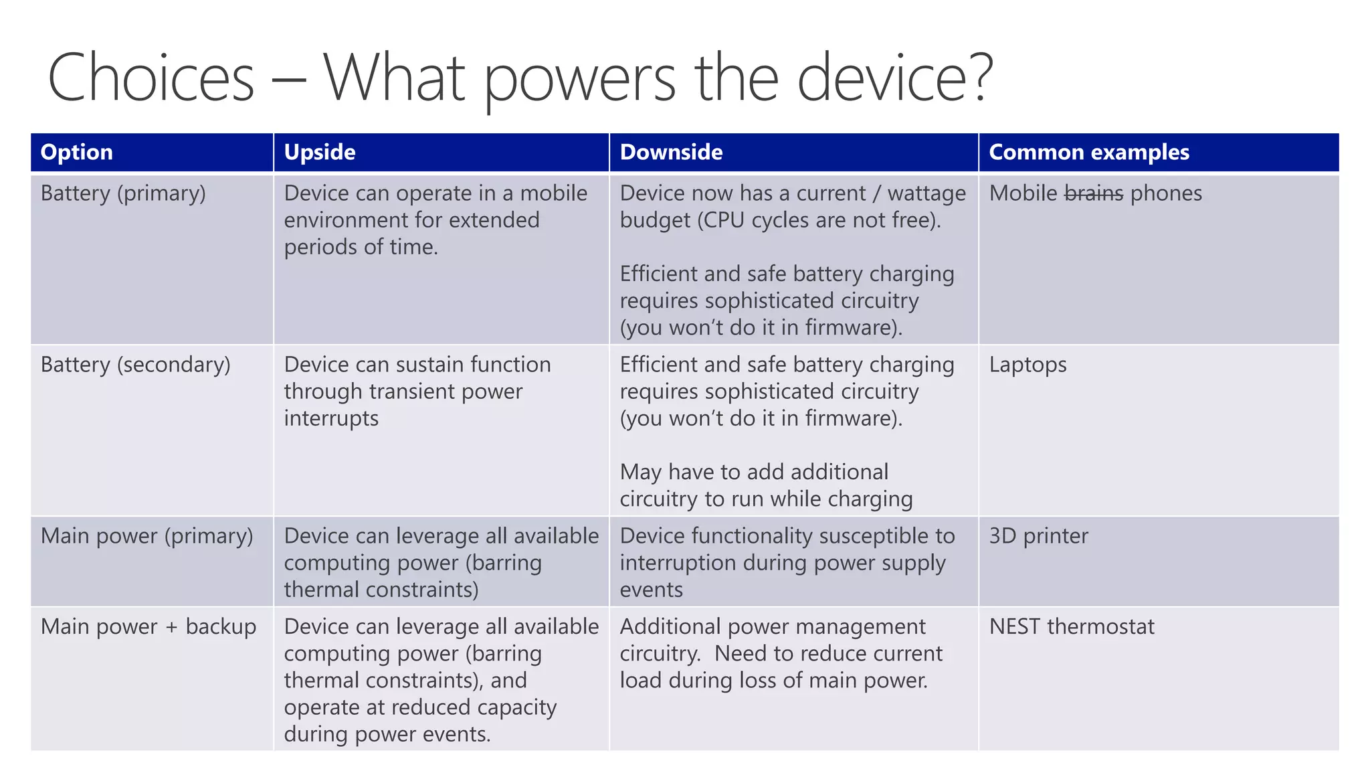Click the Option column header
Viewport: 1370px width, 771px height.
pos(77,153)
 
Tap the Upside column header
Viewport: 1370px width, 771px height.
pos(320,153)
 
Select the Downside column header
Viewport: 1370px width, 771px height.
pos(671,153)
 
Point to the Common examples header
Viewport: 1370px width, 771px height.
pos(1089,153)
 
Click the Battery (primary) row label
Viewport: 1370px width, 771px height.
pos(123,193)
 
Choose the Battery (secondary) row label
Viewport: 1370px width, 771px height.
pos(135,365)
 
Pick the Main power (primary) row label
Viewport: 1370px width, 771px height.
pos(146,536)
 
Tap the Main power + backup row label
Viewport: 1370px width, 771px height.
pos(148,627)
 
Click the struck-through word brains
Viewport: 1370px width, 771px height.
pos(1093,193)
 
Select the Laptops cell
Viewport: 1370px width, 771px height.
pos(1027,365)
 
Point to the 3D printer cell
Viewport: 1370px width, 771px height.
pos(1038,536)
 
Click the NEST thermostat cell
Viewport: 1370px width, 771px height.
pos(1072,627)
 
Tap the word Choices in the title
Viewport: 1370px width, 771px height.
pos(151,78)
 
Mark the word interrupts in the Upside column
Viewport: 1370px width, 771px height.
pos(331,419)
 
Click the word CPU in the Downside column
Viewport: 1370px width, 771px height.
pos(722,220)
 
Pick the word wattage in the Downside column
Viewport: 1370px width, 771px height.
pos(926,194)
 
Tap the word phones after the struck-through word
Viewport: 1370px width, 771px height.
pos(1166,193)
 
